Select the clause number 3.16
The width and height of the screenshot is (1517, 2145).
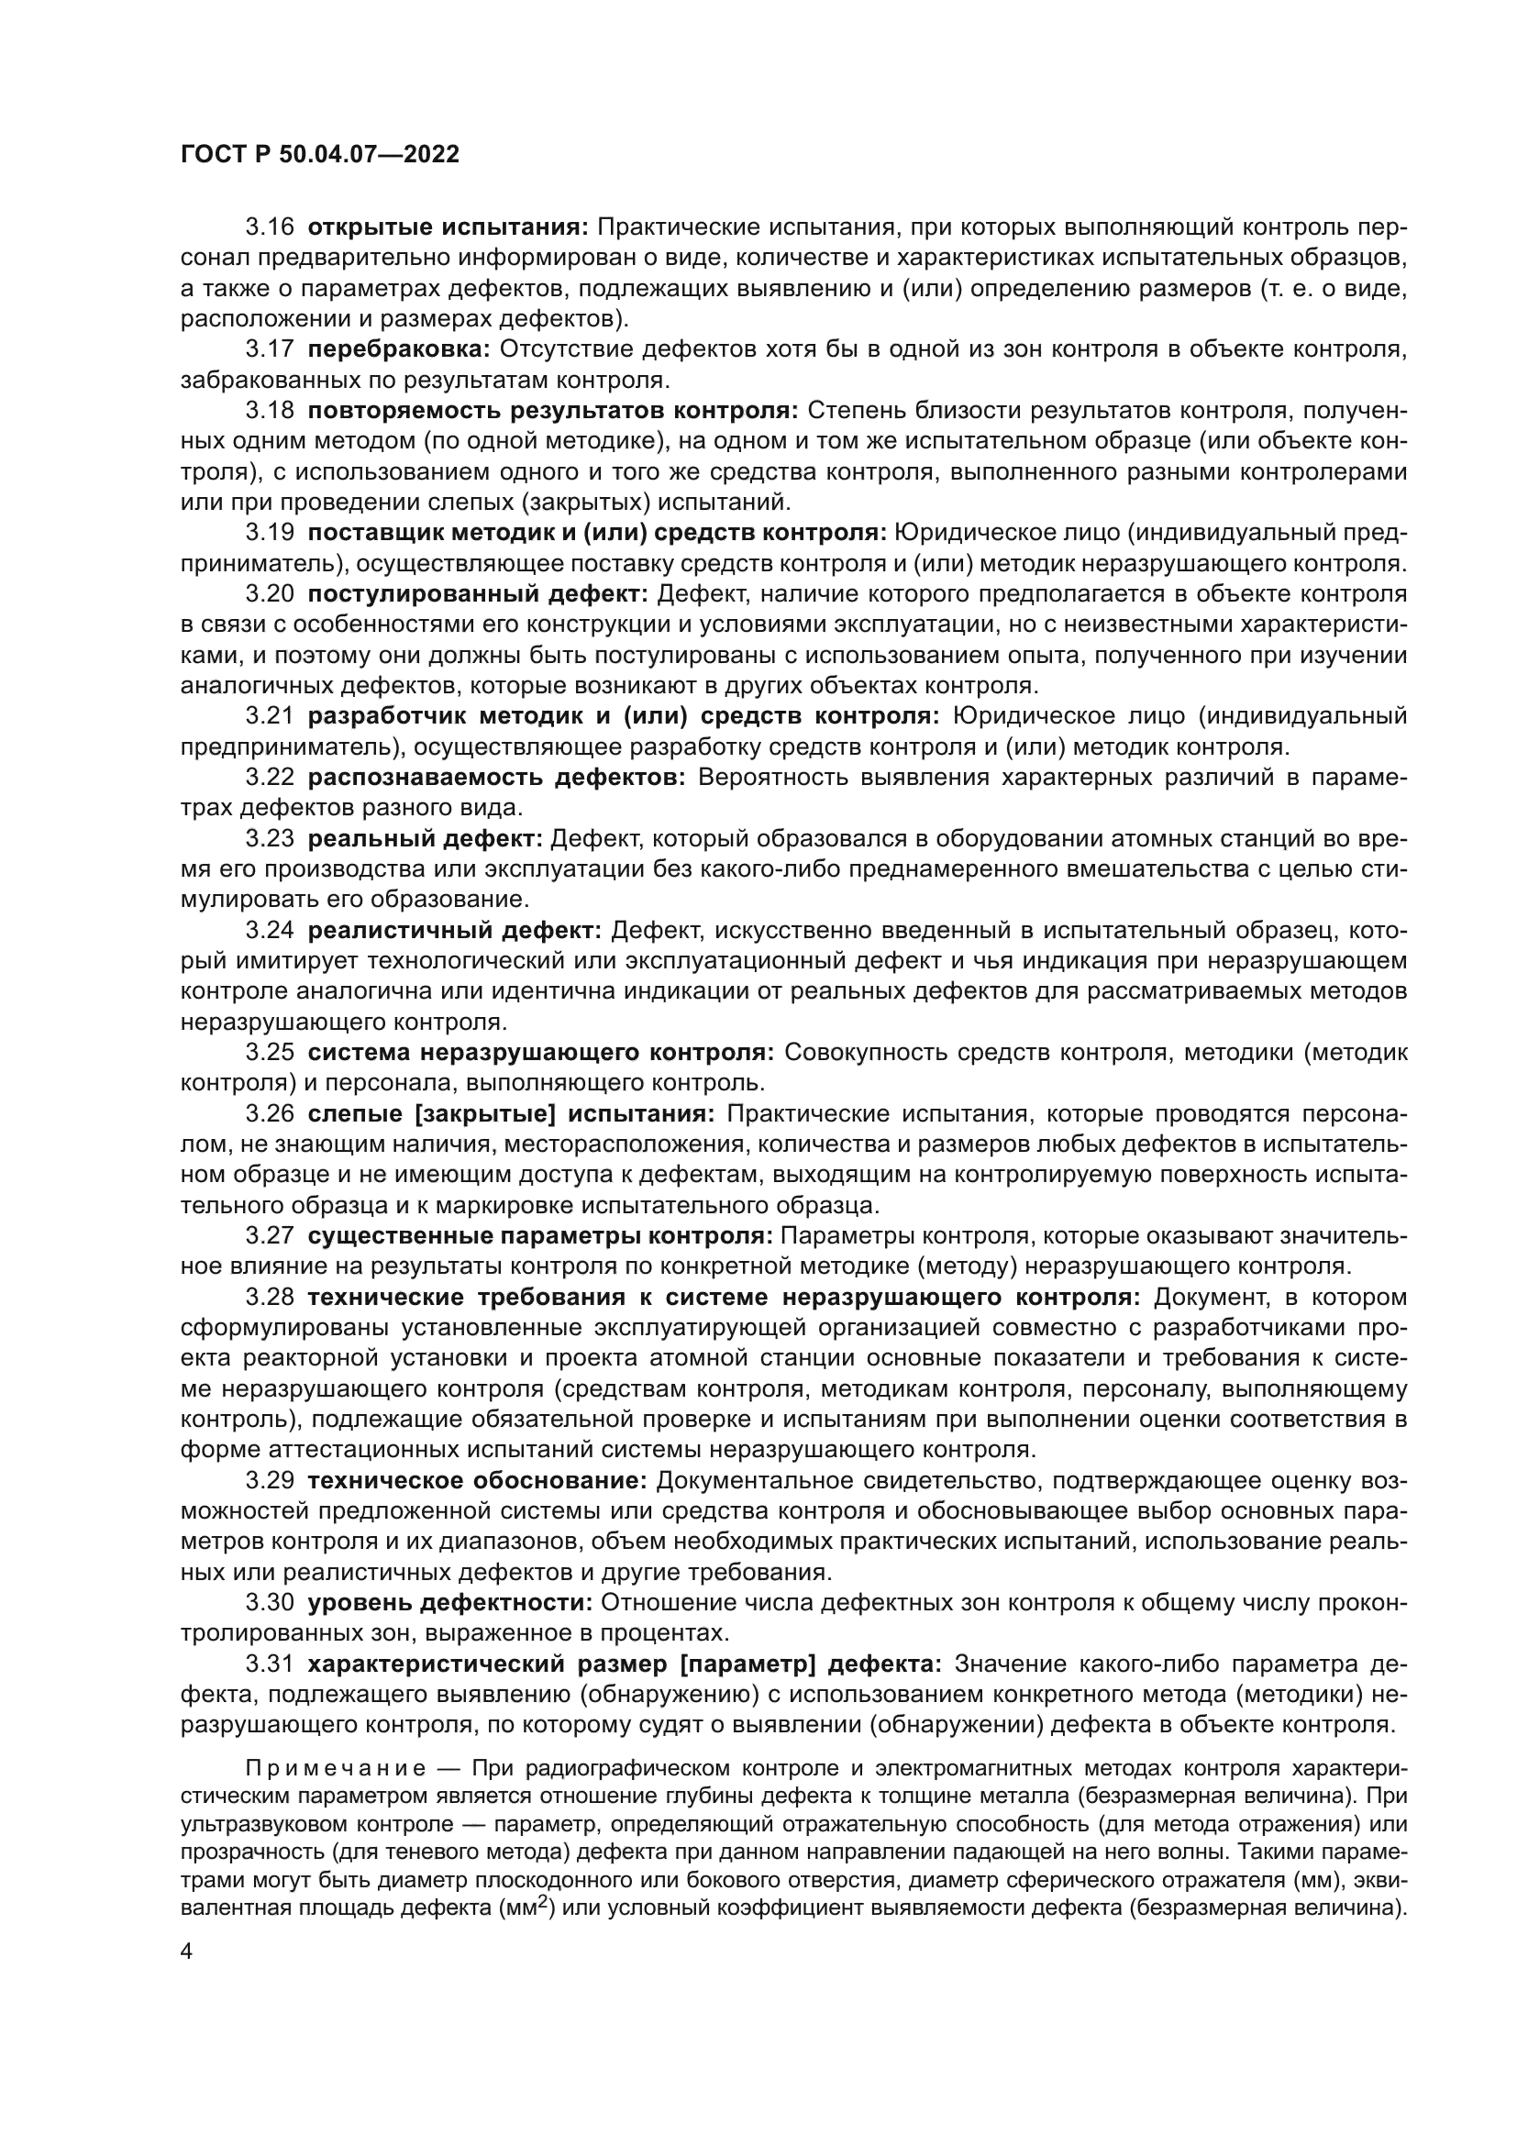[269, 228]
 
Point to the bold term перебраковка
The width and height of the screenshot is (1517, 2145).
[399, 350]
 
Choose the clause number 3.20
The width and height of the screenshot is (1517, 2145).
[269, 594]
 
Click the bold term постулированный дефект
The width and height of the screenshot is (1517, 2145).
[477, 594]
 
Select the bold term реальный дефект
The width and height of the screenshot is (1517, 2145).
[425, 839]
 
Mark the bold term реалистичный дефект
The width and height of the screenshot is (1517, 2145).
[455, 931]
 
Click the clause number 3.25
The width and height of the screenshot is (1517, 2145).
[269, 1053]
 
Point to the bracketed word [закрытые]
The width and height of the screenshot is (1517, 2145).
[486, 1114]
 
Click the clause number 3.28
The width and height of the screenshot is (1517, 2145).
[269, 1298]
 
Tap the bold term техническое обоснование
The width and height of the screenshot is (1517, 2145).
[477, 1481]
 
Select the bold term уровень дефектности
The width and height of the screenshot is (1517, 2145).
[450, 1603]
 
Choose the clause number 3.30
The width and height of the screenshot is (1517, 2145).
[269, 1603]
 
